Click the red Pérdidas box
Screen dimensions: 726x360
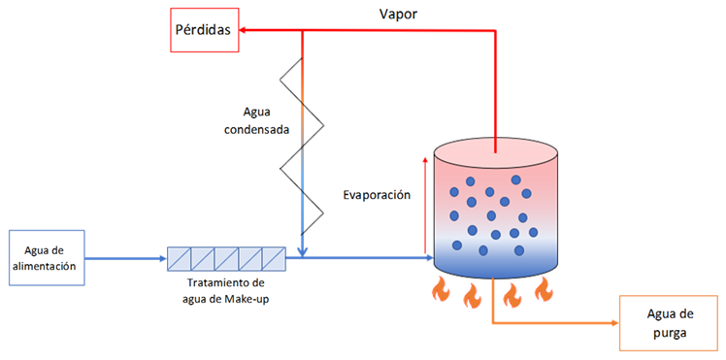coord(204,29)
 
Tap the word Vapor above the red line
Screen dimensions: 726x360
coord(398,14)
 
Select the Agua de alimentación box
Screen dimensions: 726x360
coord(47,258)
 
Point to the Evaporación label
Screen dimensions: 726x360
coord(377,195)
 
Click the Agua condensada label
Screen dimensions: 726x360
coord(256,120)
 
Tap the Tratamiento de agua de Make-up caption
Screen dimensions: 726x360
coord(226,290)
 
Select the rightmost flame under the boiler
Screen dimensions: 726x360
coord(544,290)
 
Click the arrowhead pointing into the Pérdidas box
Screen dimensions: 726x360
coord(243,30)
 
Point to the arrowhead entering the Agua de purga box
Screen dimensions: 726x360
coord(615,323)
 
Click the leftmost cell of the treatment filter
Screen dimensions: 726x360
coord(179,258)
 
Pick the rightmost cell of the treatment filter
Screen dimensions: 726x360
coord(274,258)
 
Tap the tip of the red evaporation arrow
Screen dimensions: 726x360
coord(424,157)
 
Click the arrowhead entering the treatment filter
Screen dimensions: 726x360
coord(163,258)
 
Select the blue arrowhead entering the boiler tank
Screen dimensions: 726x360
coord(430,258)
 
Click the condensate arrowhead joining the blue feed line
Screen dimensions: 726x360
coord(302,253)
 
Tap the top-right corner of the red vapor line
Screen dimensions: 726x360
coord(496,30)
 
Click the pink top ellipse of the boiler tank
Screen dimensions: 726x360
coord(496,151)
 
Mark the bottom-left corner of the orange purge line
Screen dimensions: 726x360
coord(494,323)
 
